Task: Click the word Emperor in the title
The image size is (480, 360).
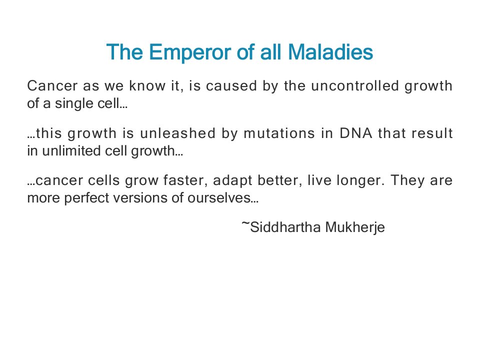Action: [x=190, y=52]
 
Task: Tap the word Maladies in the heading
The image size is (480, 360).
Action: [x=330, y=51]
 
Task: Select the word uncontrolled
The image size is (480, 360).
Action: [x=355, y=85]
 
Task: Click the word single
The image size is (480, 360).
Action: [x=74, y=104]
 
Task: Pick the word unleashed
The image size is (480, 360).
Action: [x=178, y=133]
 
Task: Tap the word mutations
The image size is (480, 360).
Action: [x=279, y=133]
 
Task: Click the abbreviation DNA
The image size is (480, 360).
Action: [x=355, y=133]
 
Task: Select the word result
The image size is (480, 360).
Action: [x=432, y=133]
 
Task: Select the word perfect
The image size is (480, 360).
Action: [x=86, y=198]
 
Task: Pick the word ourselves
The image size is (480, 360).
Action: [x=223, y=198]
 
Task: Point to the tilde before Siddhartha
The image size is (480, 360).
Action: [x=245, y=223]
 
